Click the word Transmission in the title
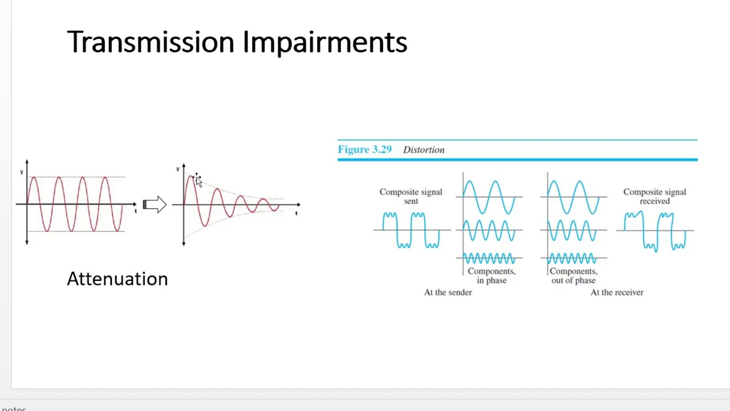pos(151,42)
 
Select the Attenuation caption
pos(117,279)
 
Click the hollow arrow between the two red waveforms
pos(154,204)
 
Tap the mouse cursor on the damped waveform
pos(197,180)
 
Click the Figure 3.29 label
pos(364,150)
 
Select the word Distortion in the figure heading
pos(423,150)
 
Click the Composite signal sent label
pos(411,196)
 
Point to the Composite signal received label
pos(654,196)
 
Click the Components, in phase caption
pos(491,276)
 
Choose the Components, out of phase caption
pos(573,276)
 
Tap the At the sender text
pos(448,292)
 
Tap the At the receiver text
pos(617,292)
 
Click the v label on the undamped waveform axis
pos(22,172)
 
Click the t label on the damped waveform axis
pos(296,213)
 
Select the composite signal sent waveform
pos(411,230)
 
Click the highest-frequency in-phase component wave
pos(489,258)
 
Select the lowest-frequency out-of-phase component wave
pos(573,197)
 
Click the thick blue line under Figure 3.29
pos(517,159)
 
